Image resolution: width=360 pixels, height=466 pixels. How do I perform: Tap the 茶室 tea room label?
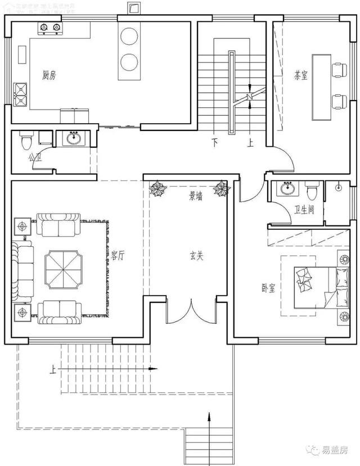pyautogui.click(x=300, y=75)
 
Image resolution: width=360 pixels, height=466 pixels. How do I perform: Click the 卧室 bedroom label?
pyautogui.click(x=268, y=288)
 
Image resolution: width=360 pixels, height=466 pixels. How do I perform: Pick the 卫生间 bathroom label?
pyautogui.click(x=304, y=210)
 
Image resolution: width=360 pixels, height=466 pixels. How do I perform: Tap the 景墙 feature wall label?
pyautogui.click(x=196, y=197)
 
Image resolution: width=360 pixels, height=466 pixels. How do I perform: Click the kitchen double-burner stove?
pyautogui.click(x=49, y=28)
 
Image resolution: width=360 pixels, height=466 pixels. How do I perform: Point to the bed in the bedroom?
pyautogui.click(x=317, y=285)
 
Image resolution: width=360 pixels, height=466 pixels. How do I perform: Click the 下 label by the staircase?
pyautogui.click(x=214, y=141)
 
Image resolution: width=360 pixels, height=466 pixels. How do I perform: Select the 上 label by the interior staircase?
pyautogui.click(x=250, y=142)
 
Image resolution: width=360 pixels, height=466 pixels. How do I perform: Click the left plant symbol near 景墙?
pyautogui.click(x=158, y=189)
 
